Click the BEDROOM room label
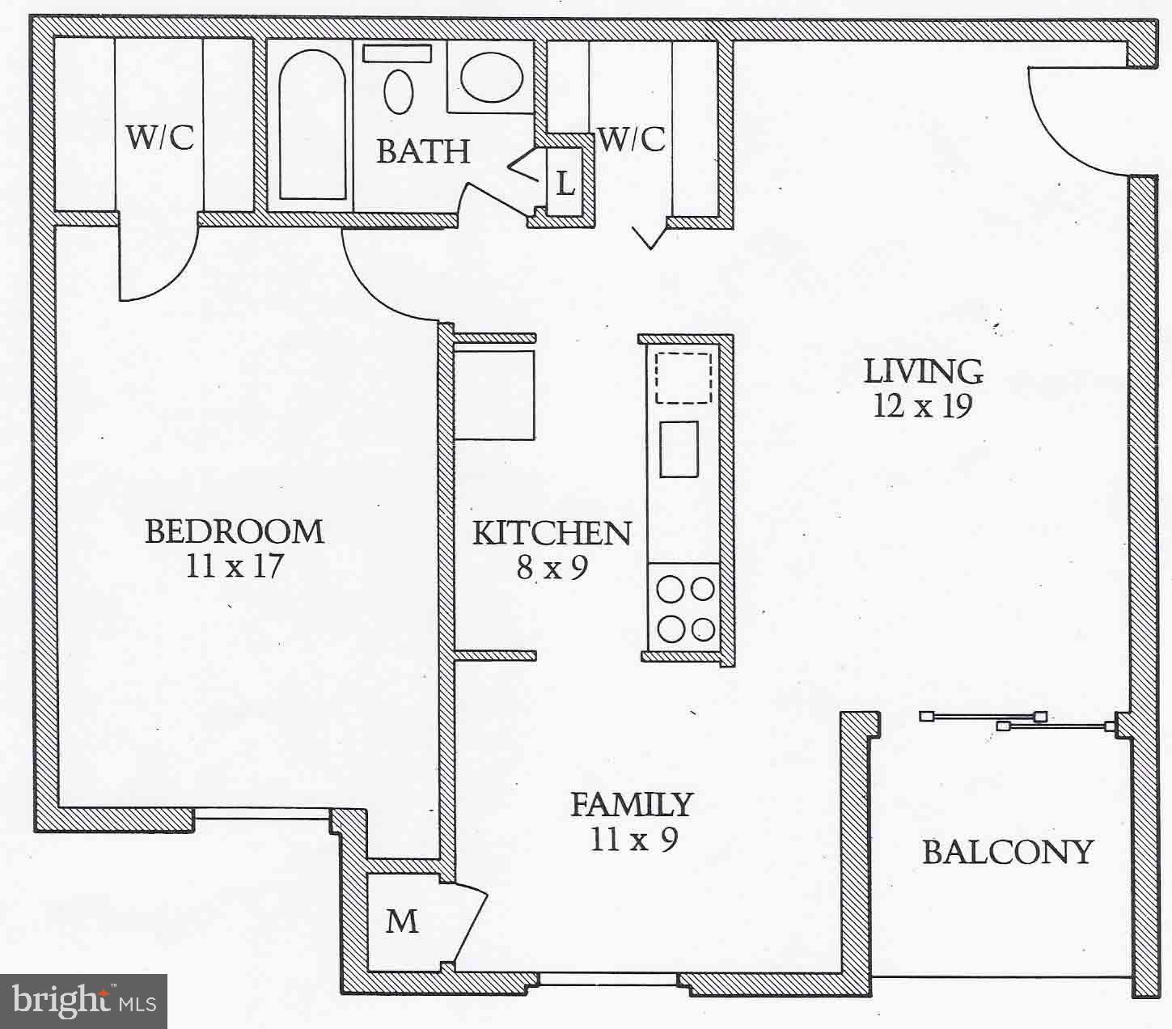[x=235, y=531]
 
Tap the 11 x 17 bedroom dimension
[x=235, y=566]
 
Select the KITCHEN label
[x=552, y=533]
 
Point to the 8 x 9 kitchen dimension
[x=552, y=568]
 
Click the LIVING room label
[x=924, y=371]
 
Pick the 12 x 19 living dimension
[x=923, y=405]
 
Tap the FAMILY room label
[x=633, y=804]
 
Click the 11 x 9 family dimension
[x=633, y=840]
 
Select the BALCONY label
[x=1008, y=852]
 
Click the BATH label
[x=423, y=151]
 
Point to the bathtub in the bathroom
[x=312, y=125]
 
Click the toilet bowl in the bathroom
[x=398, y=91]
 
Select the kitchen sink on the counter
[x=679, y=449]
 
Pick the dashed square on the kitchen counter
[x=683, y=377]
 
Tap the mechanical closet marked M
[x=402, y=921]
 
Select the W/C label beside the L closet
[x=632, y=139]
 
